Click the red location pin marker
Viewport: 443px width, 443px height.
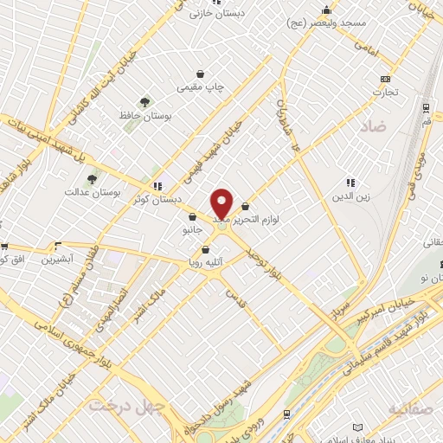click(222, 204)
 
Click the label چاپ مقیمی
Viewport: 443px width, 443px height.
click(200, 87)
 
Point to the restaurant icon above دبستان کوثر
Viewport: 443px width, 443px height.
click(157, 185)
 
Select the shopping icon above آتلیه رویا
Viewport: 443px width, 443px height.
click(205, 250)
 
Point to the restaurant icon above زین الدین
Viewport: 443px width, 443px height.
click(350, 183)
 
